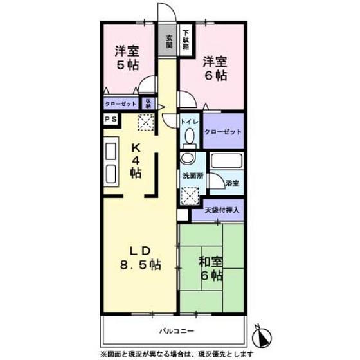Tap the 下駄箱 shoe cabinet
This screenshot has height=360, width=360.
tap(185, 39)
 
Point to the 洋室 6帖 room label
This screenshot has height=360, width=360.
tap(215, 68)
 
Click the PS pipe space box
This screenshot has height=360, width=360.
tap(109, 119)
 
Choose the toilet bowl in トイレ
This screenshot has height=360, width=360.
tap(189, 136)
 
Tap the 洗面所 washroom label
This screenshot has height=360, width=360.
tap(191, 175)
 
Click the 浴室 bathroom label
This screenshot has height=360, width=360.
tap(233, 183)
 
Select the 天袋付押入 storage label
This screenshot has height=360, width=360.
tap(222, 209)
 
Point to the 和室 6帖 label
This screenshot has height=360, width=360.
tap(210, 269)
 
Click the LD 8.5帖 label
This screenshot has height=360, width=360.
tap(136, 257)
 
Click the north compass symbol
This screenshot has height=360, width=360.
tap(262, 336)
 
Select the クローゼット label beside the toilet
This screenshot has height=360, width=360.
tap(223, 131)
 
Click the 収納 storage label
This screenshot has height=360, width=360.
tap(148, 103)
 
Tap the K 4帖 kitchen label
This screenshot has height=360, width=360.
tap(136, 160)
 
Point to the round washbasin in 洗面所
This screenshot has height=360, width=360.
tap(187, 159)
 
